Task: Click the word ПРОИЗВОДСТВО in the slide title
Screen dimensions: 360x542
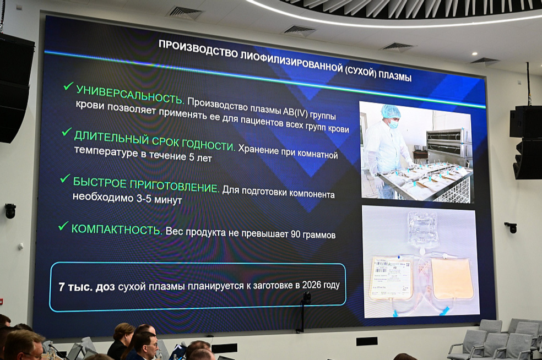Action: point(189,48)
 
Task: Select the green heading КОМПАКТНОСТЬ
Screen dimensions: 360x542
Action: point(117,230)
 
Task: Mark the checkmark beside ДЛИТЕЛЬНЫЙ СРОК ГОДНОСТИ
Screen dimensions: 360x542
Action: point(67,132)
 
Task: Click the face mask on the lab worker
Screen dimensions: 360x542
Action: point(393,123)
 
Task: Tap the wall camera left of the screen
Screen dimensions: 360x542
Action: point(10,210)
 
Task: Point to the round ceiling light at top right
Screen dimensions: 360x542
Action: point(474,54)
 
